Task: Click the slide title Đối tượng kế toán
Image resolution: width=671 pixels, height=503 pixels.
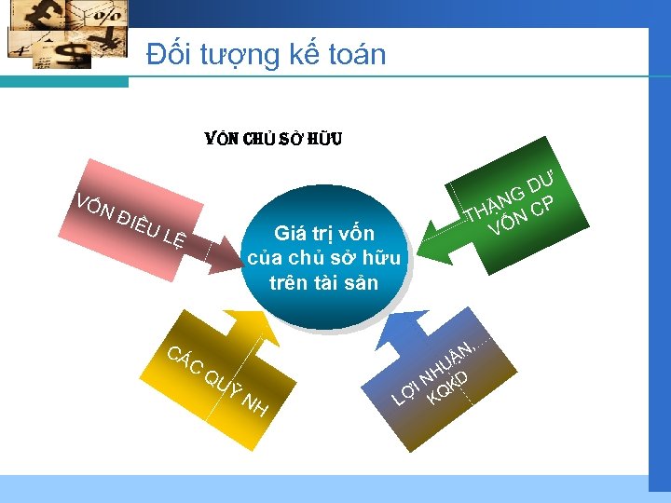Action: coord(266,54)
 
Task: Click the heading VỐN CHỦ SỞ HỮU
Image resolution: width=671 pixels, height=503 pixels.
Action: coord(273,140)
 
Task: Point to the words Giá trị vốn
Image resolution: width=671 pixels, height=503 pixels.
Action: coord(323,233)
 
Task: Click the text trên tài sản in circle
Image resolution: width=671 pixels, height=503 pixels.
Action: coord(323,282)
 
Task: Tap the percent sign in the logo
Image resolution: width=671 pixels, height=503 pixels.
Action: coord(109,16)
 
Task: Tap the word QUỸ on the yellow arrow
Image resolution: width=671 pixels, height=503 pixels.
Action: coord(223,383)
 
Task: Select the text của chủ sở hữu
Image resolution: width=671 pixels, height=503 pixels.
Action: coord(323,258)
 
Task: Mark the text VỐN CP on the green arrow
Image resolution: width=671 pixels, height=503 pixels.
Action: coord(526,214)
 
